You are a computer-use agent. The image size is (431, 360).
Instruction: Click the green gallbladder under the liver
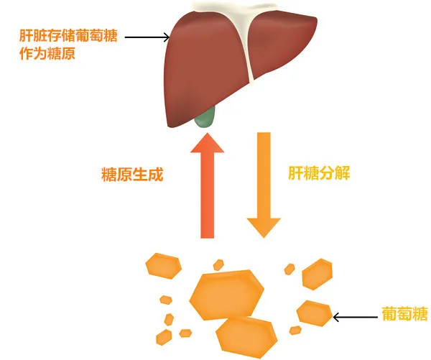pos(205,118)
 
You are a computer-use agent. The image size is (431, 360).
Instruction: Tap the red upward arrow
pos(208,185)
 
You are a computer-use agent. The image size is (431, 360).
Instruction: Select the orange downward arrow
pos(264,185)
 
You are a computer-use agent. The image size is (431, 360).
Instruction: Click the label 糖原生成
pos(132,174)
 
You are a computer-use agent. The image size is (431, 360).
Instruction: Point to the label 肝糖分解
pos(319,173)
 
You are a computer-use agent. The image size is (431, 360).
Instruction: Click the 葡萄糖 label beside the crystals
pos(405,314)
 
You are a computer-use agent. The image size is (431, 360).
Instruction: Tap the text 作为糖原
pos(47,53)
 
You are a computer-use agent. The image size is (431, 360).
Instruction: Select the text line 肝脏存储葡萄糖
pos(68,36)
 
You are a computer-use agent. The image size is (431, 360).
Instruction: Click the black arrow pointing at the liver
pos(147,37)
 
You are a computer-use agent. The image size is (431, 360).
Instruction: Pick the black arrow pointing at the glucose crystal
pos(355,317)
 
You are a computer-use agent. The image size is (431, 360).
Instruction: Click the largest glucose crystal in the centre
pos(226,295)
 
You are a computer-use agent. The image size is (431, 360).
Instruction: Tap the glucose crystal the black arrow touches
pos(315,313)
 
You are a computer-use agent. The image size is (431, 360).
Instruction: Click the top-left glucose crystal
pos(164,266)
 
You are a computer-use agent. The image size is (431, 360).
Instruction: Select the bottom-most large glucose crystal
pos(246,338)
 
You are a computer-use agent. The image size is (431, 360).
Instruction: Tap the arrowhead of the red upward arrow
pos(208,143)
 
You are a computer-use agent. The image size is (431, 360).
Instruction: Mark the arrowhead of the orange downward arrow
pos(264,228)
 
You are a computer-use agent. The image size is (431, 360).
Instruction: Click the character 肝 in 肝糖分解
pos(295,173)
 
